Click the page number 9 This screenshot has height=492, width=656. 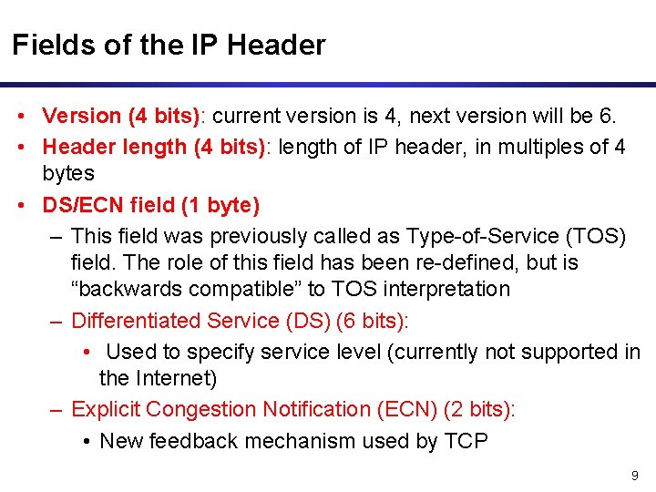tap(634, 477)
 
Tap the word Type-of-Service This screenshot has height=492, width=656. tap(481, 236)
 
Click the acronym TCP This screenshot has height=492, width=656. tap(466, 442)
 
